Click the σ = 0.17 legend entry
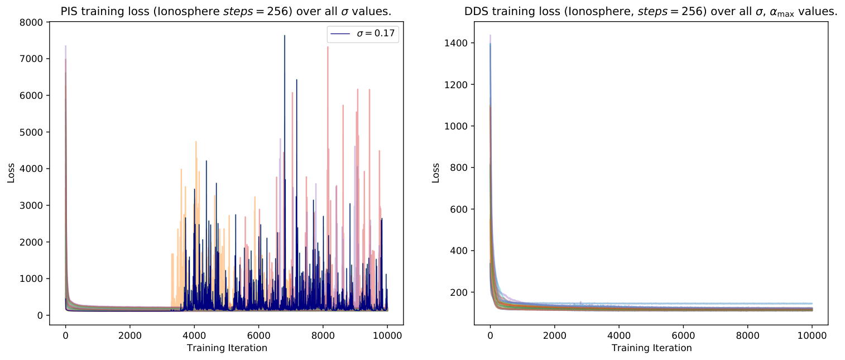point(363,33)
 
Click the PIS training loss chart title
point(226,12)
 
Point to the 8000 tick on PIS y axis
point(31,22)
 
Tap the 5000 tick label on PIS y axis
point(31,132)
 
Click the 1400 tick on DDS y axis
point(456,44)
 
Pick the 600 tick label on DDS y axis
point(459,209)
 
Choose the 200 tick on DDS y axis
point(459,292)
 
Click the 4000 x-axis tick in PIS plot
point(194,335)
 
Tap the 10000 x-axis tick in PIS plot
point(387,335)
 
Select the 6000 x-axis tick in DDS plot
point(683,335)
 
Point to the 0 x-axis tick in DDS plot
point(490,335)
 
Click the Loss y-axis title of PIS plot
point(11,173)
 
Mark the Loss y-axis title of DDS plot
point(435,173)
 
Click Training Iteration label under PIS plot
point(227,348)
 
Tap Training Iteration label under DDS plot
point(651,348)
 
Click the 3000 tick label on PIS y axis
point(31,205)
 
